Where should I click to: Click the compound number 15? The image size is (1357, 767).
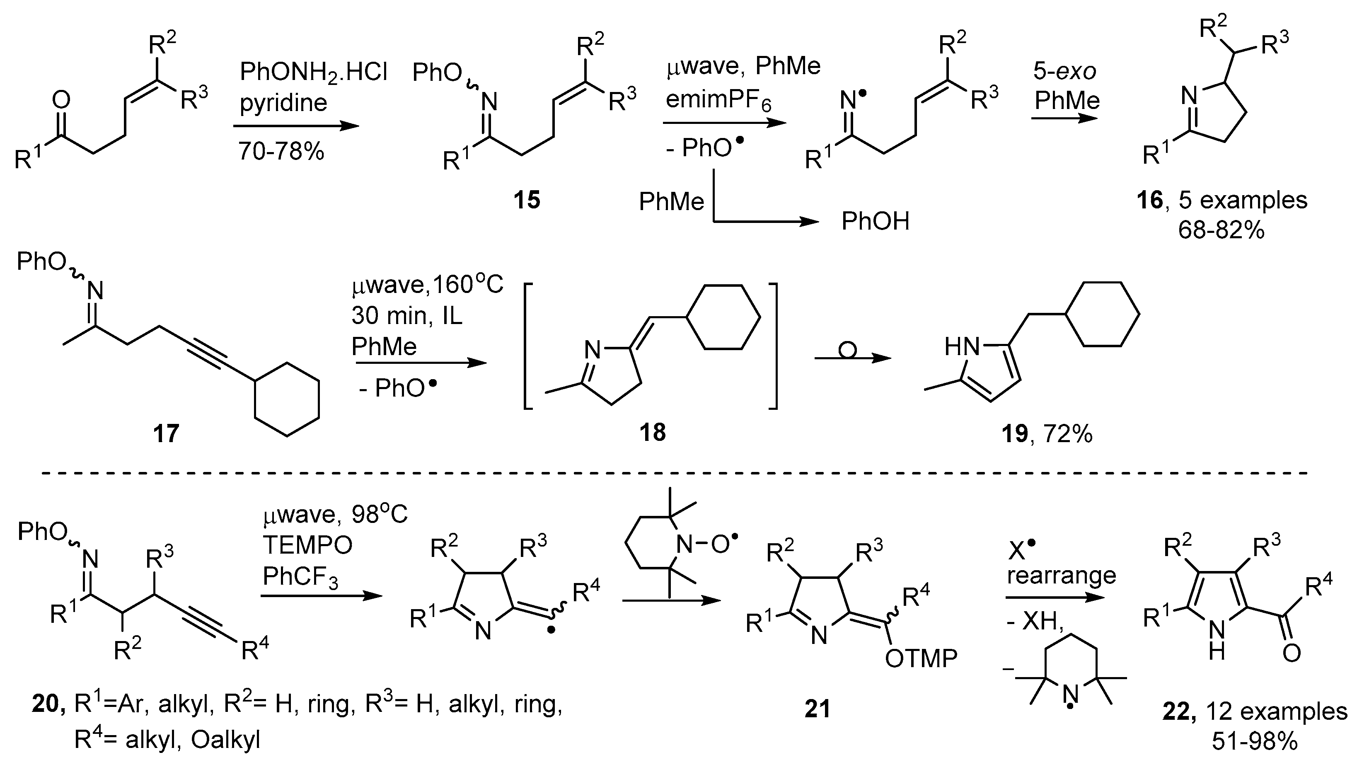pos(526,200)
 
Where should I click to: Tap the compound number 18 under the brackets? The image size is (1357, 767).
pos(652,433)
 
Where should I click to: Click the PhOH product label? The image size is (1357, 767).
pos(876,221)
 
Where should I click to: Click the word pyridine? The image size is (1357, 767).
pos(283,103)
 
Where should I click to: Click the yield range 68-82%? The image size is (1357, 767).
pos(1221,230)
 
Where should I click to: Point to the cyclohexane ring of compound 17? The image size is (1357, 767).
pos(287,399)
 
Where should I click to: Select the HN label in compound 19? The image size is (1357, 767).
pos(962,347)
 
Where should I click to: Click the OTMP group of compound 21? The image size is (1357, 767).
pos(921,658)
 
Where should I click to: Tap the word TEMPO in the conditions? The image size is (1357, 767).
pos(307,546)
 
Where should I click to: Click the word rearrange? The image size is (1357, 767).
pos(1062,575)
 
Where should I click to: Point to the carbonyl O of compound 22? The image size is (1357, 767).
pos(1291,653)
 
